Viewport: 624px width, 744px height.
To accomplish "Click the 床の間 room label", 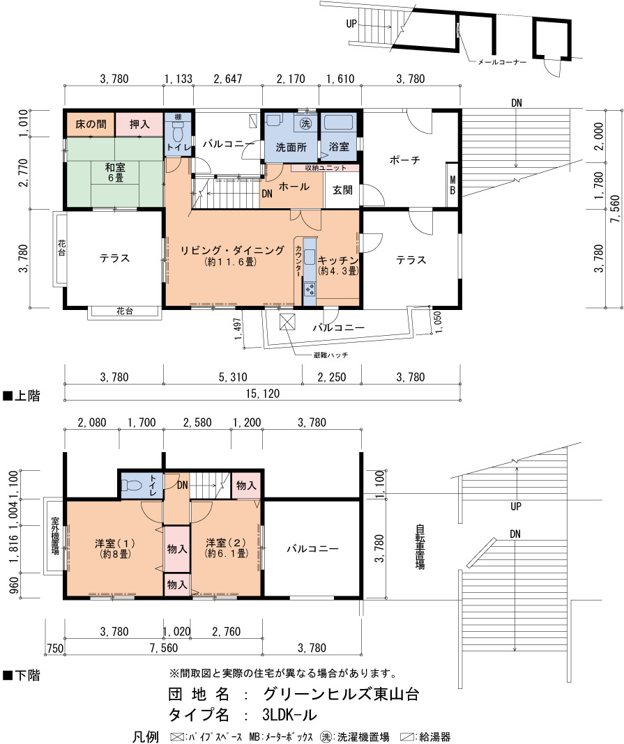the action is tap(91, 124).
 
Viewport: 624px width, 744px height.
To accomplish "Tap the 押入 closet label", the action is tap(139, 124).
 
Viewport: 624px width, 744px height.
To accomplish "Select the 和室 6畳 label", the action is tap(115, 173).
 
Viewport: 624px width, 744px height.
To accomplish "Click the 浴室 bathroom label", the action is tap(339, 146).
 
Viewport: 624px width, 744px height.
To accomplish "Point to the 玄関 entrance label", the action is tap(342, 190).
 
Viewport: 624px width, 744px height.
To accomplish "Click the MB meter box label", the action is tap(452, 185).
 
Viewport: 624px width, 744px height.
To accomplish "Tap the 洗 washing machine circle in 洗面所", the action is tap(305, 124).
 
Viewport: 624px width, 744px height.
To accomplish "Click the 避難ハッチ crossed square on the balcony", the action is tap(287, 322).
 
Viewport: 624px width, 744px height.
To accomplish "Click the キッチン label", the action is tap(337, 261).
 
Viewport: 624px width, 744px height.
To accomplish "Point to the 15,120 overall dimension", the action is tap(263, 394).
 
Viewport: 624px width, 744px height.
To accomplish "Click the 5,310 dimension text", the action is tap(233, 377).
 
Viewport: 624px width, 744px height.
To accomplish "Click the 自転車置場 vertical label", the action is tap(420, 546).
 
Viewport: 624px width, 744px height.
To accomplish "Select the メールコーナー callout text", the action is tap(501, 62).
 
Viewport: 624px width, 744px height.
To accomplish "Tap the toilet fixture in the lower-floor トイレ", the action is tap(132, 486).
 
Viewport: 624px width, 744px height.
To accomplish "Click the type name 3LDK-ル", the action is tap(289, 715).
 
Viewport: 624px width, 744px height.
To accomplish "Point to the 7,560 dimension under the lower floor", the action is tap(163, 648).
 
